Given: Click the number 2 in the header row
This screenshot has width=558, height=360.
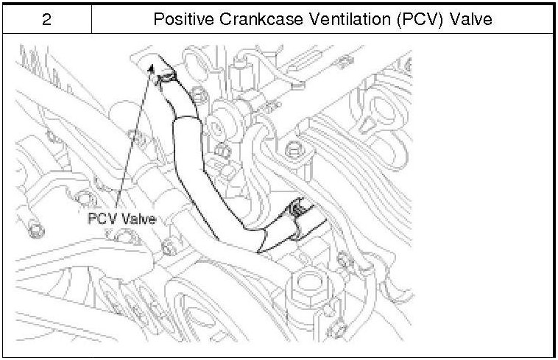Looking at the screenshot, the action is pyautogui.click(x=46, y=18).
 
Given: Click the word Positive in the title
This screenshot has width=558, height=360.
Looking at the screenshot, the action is pyautogui.click(x=180, y=18).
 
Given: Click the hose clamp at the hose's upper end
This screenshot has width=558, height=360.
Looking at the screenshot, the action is pyautogui.click(x=169, y=74).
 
